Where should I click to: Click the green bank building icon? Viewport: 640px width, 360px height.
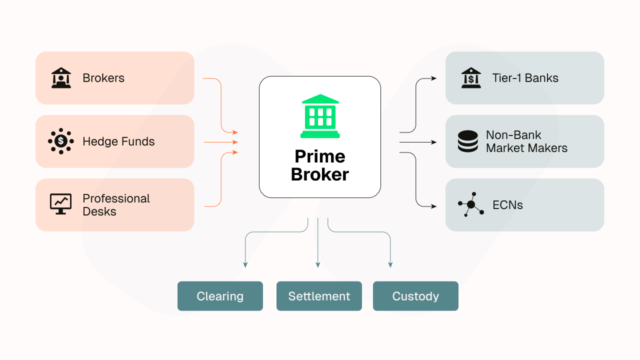coord(320,116)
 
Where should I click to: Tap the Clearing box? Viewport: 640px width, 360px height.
coord(220,296)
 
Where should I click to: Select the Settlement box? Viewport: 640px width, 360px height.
coord(319,296)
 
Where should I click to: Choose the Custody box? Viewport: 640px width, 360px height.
coord(415,296)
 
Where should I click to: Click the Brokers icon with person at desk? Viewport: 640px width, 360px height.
coord(61,78)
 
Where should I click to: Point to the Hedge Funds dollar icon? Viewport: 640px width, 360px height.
coord(61,141)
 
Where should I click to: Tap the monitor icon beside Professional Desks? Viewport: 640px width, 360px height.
coord(61,204)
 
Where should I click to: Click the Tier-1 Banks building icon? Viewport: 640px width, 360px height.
coord(470,78)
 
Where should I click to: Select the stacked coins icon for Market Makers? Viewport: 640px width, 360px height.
coord(467,141)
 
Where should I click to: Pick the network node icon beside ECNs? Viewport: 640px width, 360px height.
coord(471,204)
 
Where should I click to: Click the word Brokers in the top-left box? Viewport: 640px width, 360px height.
coord(103,78)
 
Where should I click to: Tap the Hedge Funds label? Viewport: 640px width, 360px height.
coord(118,141)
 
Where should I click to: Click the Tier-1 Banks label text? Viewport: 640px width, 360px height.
coord(525,78)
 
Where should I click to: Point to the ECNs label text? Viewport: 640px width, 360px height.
coord(507,205)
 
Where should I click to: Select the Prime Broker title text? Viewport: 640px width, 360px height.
coord(320,165)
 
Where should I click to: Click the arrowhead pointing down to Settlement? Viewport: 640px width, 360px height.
coord(317,265)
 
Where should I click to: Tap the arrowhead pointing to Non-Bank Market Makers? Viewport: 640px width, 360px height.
coord(433,142)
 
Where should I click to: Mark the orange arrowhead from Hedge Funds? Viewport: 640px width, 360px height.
coord(235,142)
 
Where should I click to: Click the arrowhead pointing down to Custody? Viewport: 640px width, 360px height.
coord(390,265)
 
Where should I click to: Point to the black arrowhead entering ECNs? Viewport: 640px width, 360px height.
coord(433,206)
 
